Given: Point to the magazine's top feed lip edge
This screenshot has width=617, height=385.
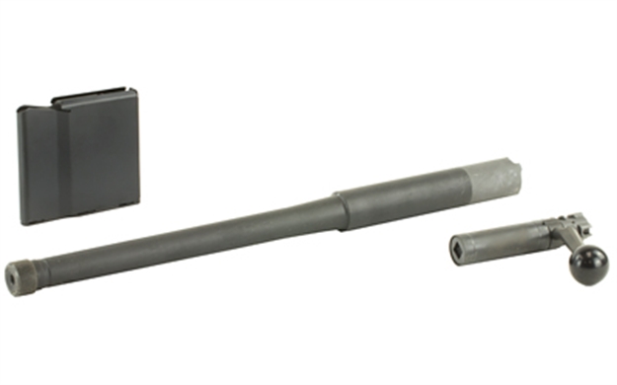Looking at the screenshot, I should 95,94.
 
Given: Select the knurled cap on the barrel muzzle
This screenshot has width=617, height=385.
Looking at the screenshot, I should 21,275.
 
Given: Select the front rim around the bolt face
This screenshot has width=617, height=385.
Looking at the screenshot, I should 455,248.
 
